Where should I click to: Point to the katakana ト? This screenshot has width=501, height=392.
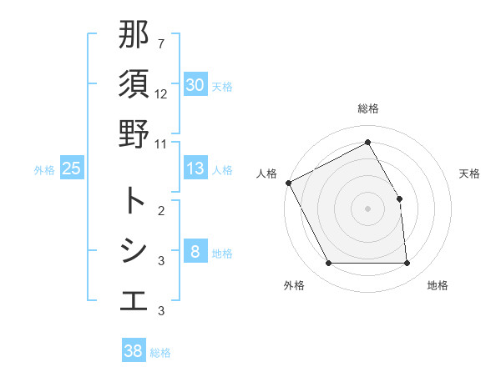point(134,200)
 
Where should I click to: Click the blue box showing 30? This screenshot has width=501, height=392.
point(195,84)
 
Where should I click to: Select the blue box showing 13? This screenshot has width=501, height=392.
point(195,168)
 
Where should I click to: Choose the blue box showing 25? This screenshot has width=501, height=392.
point(72,168)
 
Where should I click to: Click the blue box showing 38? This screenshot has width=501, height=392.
point(134,351)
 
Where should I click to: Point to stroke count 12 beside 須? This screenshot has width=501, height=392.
point(161,93)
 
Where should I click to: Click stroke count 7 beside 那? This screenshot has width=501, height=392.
point(161,43)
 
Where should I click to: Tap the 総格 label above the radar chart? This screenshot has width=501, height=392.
point(368,108)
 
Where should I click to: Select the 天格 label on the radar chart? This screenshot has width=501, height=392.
point(470,173)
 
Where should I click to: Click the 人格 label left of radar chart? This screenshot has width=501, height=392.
point(266,173)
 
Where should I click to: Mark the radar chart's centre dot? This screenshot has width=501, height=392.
point(368,208)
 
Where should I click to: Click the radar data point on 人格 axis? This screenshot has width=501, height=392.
point(289,182)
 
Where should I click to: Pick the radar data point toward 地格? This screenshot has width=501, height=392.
point(407,264)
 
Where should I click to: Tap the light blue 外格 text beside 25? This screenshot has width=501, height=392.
point(44,169)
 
